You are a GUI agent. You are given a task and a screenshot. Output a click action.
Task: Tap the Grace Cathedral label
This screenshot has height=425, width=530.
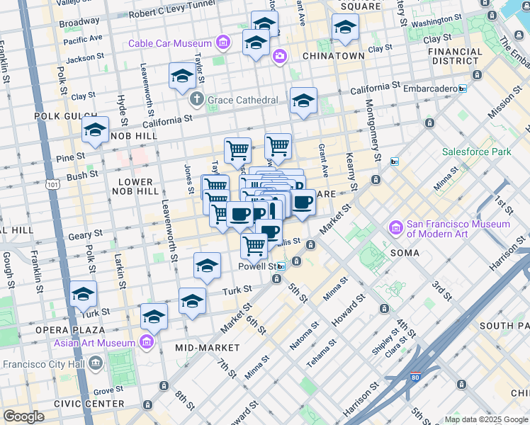[x=242, y=101]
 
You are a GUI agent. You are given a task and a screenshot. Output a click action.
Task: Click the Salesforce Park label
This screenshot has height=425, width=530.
[x=476, y=152]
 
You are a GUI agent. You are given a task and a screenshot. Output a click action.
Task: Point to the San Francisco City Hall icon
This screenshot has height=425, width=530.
[x=97, y=364]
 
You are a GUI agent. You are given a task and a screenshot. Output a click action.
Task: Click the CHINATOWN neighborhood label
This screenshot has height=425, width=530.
[x=333, y=56]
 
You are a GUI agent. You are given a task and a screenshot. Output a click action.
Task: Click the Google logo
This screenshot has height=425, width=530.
[x=23, y=416]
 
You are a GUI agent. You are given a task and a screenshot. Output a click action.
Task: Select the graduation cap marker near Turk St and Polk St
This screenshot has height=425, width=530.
[x=84, y=295]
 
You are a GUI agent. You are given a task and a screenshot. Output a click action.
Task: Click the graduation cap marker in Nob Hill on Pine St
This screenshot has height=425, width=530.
[x=95, y=130]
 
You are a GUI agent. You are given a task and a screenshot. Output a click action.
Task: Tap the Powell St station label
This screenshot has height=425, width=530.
[x=257, y=266]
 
